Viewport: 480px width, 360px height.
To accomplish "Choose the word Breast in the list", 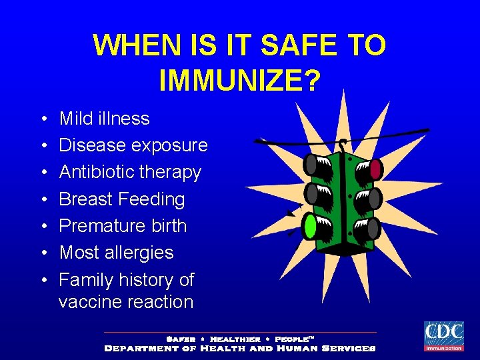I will coord(85,199).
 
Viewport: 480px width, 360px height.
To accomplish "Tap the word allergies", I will coord(143,253).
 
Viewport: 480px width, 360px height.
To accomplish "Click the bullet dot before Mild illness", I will coord(41,119).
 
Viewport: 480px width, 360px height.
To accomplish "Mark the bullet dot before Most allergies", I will coord(41,253).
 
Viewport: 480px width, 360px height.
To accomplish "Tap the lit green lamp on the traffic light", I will coord(310,226).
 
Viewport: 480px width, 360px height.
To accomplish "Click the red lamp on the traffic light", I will coord(375,169).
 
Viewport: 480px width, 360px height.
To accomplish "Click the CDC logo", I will coord(443,336).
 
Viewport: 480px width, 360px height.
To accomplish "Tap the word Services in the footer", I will coord(348,348).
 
